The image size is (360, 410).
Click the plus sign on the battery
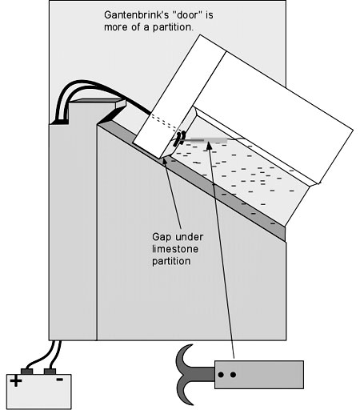[x=16, y=381]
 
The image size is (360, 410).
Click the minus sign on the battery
[x=59, y=380]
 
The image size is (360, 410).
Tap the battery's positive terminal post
[x=26, y=372]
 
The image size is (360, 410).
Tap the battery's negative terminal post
[x=50, y=372]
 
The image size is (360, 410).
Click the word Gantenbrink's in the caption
[x=135, y=15]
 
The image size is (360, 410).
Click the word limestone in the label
[x=175, y=249]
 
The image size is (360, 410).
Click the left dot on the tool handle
[x=221, y=375]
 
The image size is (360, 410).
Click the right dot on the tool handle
[x=233, y=375]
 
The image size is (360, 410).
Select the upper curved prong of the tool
[x=182, y=358]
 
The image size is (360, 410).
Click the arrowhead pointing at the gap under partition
[x=165, y=161]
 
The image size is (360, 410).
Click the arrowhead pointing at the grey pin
[x=209, y=146]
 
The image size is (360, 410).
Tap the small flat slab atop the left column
[x=98, y=102]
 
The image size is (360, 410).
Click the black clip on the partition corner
[x=178, y=138]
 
